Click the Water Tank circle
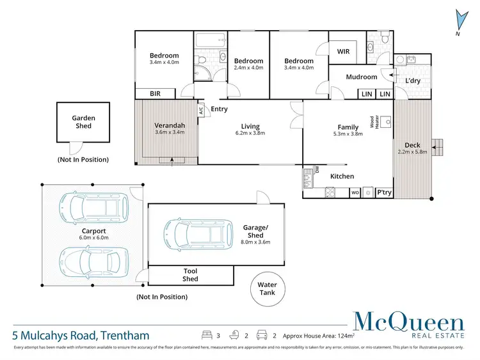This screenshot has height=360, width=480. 267,288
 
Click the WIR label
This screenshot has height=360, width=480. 343,51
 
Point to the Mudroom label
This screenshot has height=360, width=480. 361,77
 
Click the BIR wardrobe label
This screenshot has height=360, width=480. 155,93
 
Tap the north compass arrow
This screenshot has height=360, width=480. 458,20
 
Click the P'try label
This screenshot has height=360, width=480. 384,192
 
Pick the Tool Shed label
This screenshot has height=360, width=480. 190,275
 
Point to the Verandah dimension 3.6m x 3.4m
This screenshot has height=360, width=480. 170,133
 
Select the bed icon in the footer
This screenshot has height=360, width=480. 207,334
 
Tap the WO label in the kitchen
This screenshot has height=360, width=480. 355,192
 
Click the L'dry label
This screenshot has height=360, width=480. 413,82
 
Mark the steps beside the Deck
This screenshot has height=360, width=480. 438,147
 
